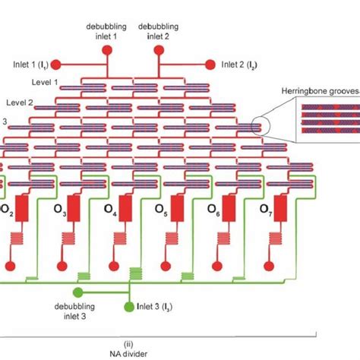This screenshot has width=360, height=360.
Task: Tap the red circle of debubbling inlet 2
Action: pyautogui.click(x=158, y=50)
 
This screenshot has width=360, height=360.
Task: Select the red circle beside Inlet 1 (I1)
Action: pyautogui.click(x=53, y=64)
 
